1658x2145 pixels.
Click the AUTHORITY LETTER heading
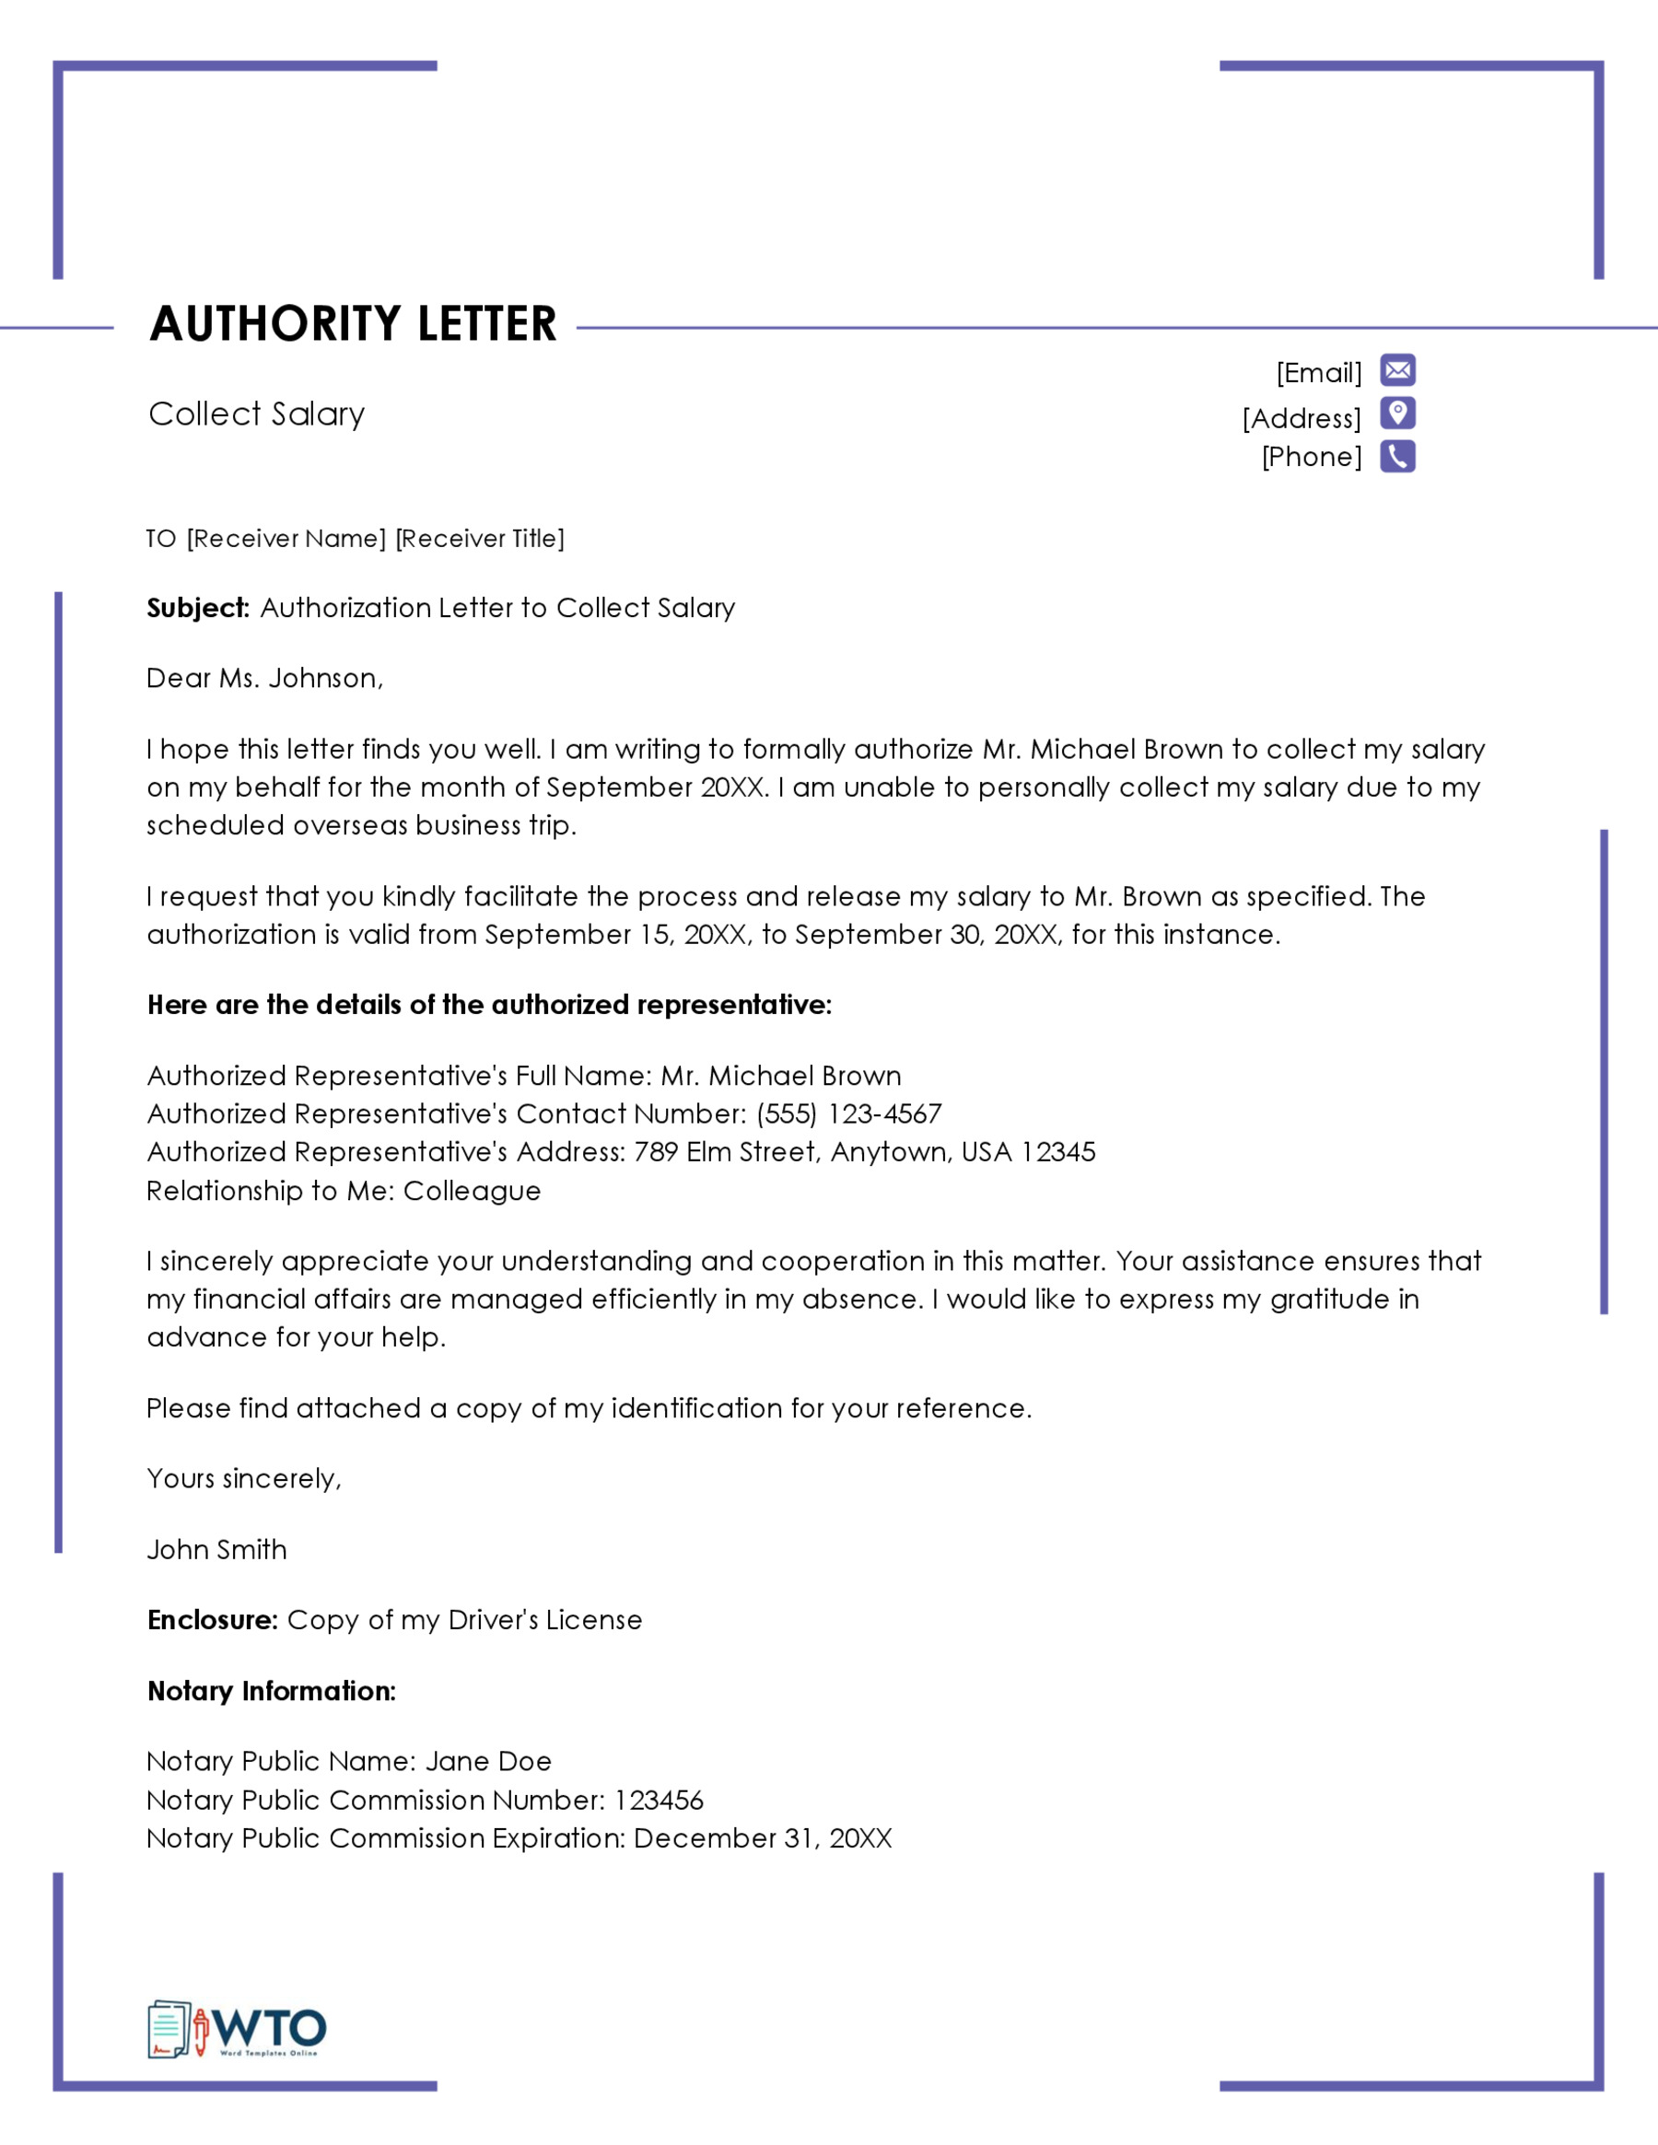[x=353, y=324]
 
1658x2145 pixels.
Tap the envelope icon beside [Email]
[x=1396, y=370]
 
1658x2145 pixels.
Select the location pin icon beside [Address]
[x=1396, y=414]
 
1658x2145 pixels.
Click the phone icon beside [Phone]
[x=1396, y=457]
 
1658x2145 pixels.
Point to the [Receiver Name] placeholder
[x=286, y=538]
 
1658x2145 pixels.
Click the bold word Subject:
[x=198, y=608]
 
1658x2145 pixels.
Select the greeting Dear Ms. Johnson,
[x=264, y=679]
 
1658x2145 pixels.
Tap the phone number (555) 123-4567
[x=848, y=1113]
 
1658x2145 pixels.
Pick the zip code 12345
[x=1057, y=1152]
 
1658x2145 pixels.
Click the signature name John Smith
[x=217, y=1550]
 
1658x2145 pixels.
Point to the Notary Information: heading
[x=271, y=1691]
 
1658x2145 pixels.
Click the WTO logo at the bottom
[x=238, y=2029]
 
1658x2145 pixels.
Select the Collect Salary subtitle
[x=256, y=414]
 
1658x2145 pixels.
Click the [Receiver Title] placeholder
[x=479, y=538]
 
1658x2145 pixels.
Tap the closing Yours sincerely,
[x=243, y=1478]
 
